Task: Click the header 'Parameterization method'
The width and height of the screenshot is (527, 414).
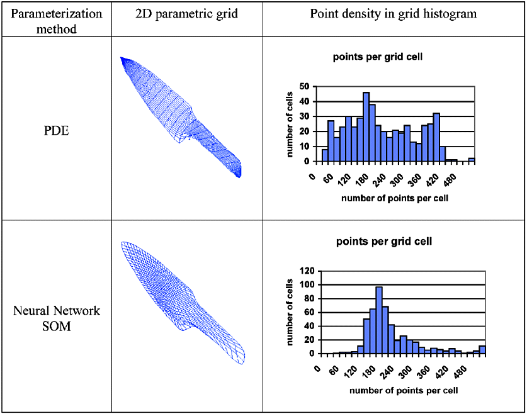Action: click(x=55, y=19)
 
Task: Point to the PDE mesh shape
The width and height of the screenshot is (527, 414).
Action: click(x=183, y=117)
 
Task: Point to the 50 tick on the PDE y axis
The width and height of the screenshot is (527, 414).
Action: click(x=305, y=86)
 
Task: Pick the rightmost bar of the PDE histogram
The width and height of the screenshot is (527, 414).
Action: click(x=472, y=159)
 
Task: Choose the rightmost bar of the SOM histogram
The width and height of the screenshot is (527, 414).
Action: click(x=482, y=349)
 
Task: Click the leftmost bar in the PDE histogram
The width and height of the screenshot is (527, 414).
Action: click(x=325, y=155)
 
